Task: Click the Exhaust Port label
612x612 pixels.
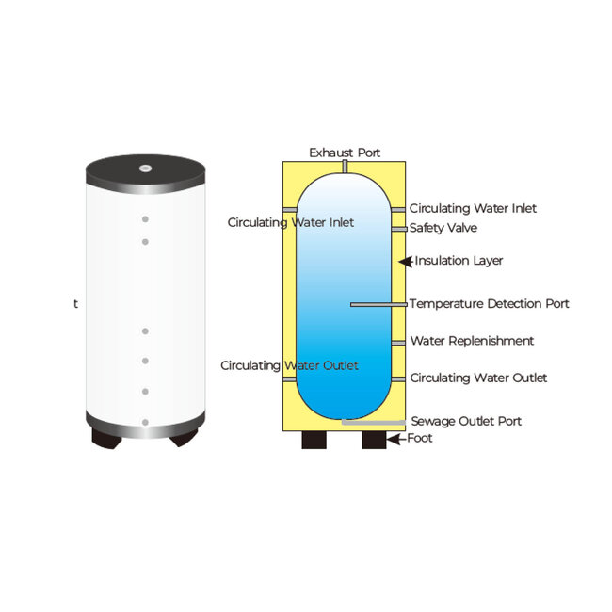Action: pyautogui.click(x=345, y=153)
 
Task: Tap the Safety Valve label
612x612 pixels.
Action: pyautogui.click(x=443, y=228)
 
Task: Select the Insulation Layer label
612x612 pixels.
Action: pyautogui.click(x=459, y=261)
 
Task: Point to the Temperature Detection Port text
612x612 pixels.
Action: pyautogui.click(x=490, y=304)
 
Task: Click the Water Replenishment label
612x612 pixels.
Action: pyautogui.click(x=472, y=341)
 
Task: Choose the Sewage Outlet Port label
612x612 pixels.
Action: pyautogui.click(x=466, y=421)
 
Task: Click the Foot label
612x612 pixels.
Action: pyautogui.click(x=421, y=439)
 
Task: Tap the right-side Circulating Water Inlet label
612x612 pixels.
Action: pyautogui.click(x=473, y=208)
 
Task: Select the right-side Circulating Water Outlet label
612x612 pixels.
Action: pyautogui.click(x=478, y=378)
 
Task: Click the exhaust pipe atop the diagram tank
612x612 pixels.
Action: pyautogui.click(x=345, y=167)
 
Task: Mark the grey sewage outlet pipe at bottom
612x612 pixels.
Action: pyautogui.click(x=374, y=422)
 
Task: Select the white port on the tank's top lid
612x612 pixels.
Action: pyautogui.click(x=146, y=169)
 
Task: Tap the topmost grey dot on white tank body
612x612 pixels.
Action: pyautogui.click(x=146, y=219)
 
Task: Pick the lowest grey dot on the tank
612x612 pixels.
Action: pyautogui.click(x=145, y=422)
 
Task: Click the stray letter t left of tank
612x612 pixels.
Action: pyautogui.click(x=76, y=305)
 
